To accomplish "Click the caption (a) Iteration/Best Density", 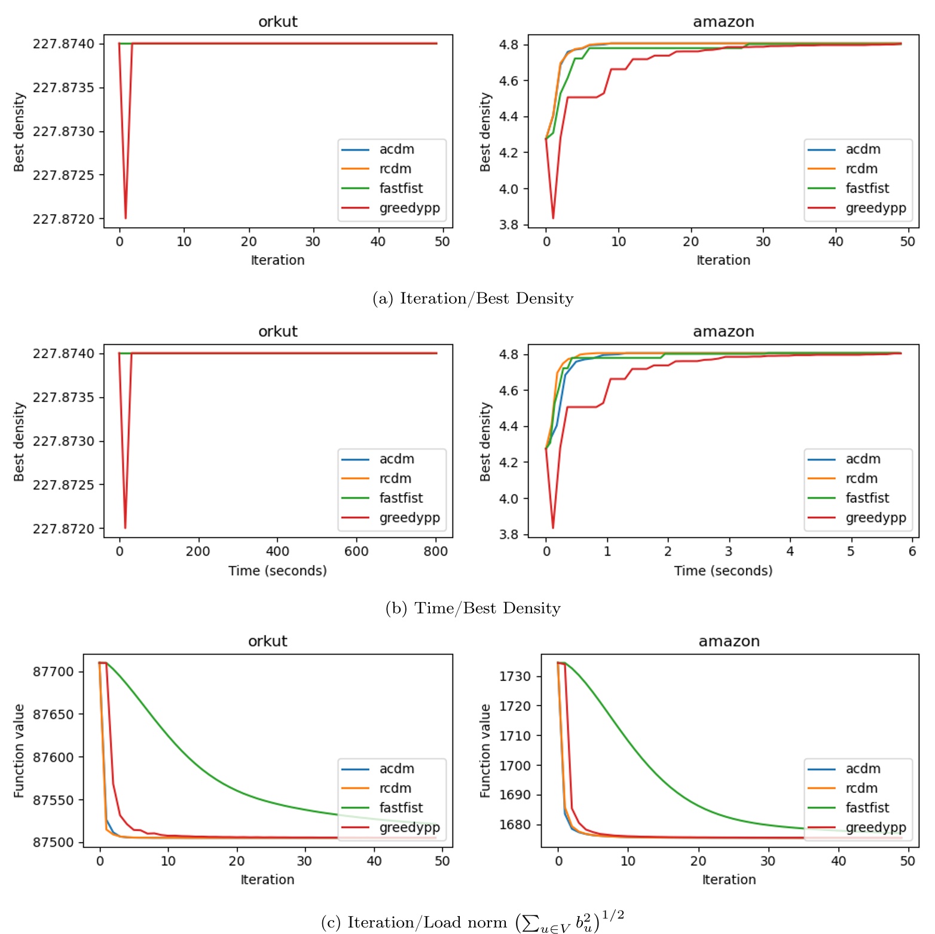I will coord(472,298).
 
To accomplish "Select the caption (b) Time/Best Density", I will coord(472,608).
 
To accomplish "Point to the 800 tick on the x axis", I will coord(435,551).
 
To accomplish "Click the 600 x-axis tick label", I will coord(356,551).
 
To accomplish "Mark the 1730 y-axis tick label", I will coord(515,676).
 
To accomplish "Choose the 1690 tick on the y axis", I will coord(515,795).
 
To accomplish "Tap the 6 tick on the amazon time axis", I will coord(912,551).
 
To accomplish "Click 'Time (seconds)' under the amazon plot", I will coord(723,571).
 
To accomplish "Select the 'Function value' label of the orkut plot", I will coord(19,750).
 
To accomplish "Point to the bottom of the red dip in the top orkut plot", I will coord(126,218).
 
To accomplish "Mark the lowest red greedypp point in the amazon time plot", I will coord(553,528).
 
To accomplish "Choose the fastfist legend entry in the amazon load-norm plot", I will coord(867,808).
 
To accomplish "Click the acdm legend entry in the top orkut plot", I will coord(396,149).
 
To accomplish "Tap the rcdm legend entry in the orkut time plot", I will coord(395,478).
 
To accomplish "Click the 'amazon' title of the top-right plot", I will coord(723,22).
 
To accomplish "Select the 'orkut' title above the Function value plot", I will coord(267,642).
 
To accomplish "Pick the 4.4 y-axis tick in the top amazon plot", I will coord(508,117).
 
